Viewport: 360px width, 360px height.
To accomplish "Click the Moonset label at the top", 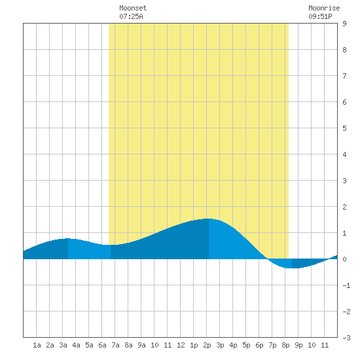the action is [x=133, y=8].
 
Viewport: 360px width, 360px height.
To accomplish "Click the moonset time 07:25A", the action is [x=131, y=16].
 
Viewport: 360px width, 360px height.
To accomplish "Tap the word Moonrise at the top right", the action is [x=324, y=8].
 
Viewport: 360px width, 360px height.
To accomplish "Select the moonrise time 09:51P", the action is [x=320, y=16].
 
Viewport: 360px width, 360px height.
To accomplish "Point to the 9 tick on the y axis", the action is [x=344, y=24].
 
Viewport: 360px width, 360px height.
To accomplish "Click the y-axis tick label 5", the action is [x=344, y=128].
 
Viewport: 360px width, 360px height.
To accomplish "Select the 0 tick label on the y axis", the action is [x=344, y=259].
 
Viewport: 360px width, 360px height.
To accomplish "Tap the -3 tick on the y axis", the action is [x=346, y=338].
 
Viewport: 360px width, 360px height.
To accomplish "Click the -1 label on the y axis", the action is [x=346, y=285].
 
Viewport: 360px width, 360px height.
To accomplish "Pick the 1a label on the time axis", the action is [x=37, y=345].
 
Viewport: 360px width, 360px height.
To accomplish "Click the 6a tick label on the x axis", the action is [x=102, y=345].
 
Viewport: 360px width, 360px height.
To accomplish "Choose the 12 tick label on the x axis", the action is [x=181, y=345].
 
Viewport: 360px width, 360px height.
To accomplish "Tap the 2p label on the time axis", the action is [x=207, y=345].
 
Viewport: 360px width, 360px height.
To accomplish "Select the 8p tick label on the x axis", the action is [x=285, y=345].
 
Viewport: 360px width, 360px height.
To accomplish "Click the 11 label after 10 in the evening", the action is [x=325, y=345].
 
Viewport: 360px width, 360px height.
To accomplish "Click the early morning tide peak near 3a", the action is [x=67, y=238].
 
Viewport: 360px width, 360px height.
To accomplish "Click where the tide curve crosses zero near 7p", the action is [x=268, y=259].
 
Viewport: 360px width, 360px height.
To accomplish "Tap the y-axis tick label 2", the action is [x=344, y=207].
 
